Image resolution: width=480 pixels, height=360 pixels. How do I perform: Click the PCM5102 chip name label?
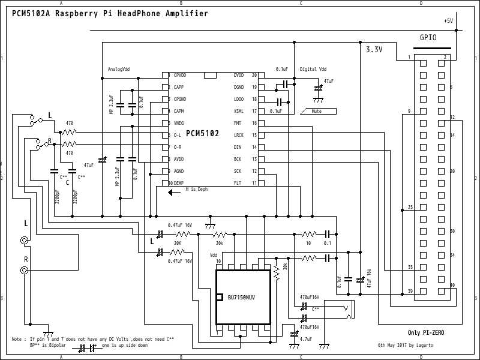coord(202,133)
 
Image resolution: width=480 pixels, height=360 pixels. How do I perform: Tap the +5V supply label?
coord(449,20)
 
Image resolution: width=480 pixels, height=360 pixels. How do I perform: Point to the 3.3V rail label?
coord(374,50)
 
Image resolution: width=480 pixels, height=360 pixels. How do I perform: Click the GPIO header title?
coord(428,37)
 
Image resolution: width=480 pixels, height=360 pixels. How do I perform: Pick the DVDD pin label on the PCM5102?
coord(239,76)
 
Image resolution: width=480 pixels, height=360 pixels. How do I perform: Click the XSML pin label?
coord(239,111)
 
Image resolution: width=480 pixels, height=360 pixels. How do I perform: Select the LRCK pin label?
coord(239,135)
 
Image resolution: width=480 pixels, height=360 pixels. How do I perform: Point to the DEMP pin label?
coord(179,183)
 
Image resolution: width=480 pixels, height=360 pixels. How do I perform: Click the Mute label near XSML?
coord(316,111)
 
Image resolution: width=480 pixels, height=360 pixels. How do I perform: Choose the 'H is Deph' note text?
coord(197,189)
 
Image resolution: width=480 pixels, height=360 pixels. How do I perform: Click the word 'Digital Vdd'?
coord(313,69)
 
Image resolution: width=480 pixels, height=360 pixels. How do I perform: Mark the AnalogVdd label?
coord(119,69)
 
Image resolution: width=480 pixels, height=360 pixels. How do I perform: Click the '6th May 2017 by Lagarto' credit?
coord(405,346)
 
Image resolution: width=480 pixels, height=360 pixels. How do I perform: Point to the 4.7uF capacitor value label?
coord(305,340)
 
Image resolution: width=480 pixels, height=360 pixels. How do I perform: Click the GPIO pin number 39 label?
coord(410,291)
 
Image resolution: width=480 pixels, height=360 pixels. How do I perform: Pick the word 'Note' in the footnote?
coord(17,340)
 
